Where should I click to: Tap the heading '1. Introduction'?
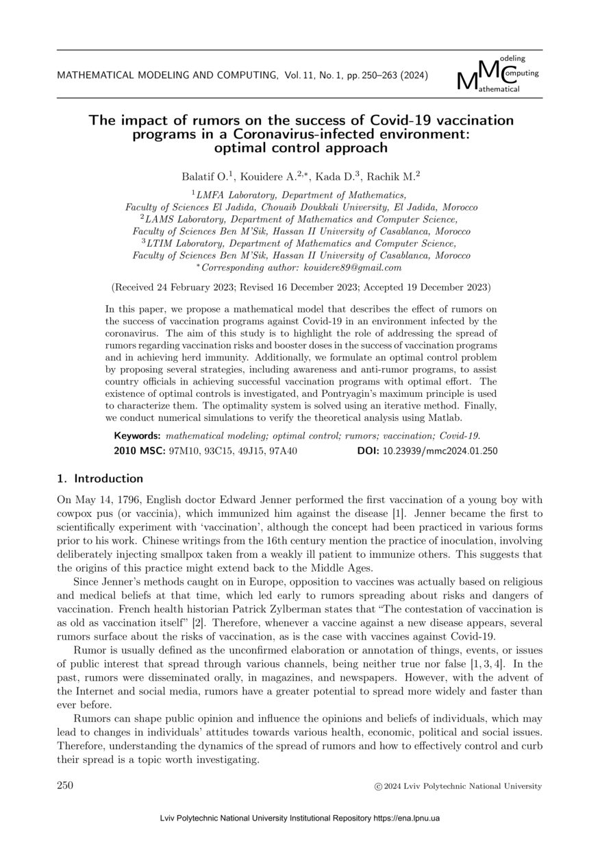(100, 478)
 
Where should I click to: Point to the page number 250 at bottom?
(65, 786)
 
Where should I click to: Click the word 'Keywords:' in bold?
(137, 436)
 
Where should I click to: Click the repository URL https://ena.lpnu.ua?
(406, 818)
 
